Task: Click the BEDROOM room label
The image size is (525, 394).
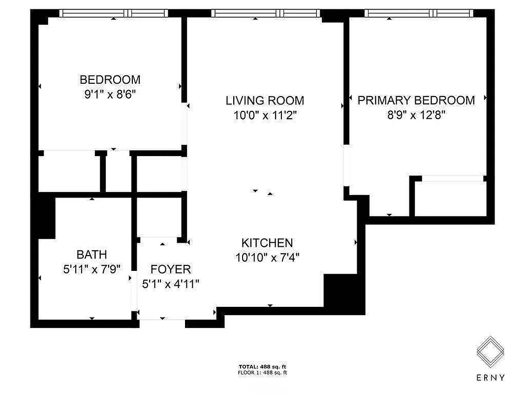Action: click(x=110, y=79)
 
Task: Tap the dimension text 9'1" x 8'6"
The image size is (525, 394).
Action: click(x=110, y=94)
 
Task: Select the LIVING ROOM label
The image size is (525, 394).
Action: click(x=265, y=100)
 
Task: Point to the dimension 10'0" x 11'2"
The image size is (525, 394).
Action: click(x=265, y=115)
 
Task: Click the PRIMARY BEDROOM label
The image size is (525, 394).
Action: click(x=416, y=100)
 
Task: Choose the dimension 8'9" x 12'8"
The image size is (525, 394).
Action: click(x=416, y=115)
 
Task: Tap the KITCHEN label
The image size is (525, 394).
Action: click(x=267, y=243)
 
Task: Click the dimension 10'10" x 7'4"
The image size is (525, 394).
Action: click(x=267, y=257)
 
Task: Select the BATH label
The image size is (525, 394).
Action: click(x=92, y=255)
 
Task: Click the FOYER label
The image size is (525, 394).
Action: click(x=170, y=269)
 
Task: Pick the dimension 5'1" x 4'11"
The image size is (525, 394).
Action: click(x=170, y=284)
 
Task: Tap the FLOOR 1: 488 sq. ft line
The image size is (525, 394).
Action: click(x=262, y=373)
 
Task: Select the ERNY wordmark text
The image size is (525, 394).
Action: click(x=490, y=378)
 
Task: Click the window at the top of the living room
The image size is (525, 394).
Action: click(x=266, y=13)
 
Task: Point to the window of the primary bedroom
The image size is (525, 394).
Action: click(x=418, y=13)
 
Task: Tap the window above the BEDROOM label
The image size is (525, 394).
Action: click(x=114, y=13)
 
